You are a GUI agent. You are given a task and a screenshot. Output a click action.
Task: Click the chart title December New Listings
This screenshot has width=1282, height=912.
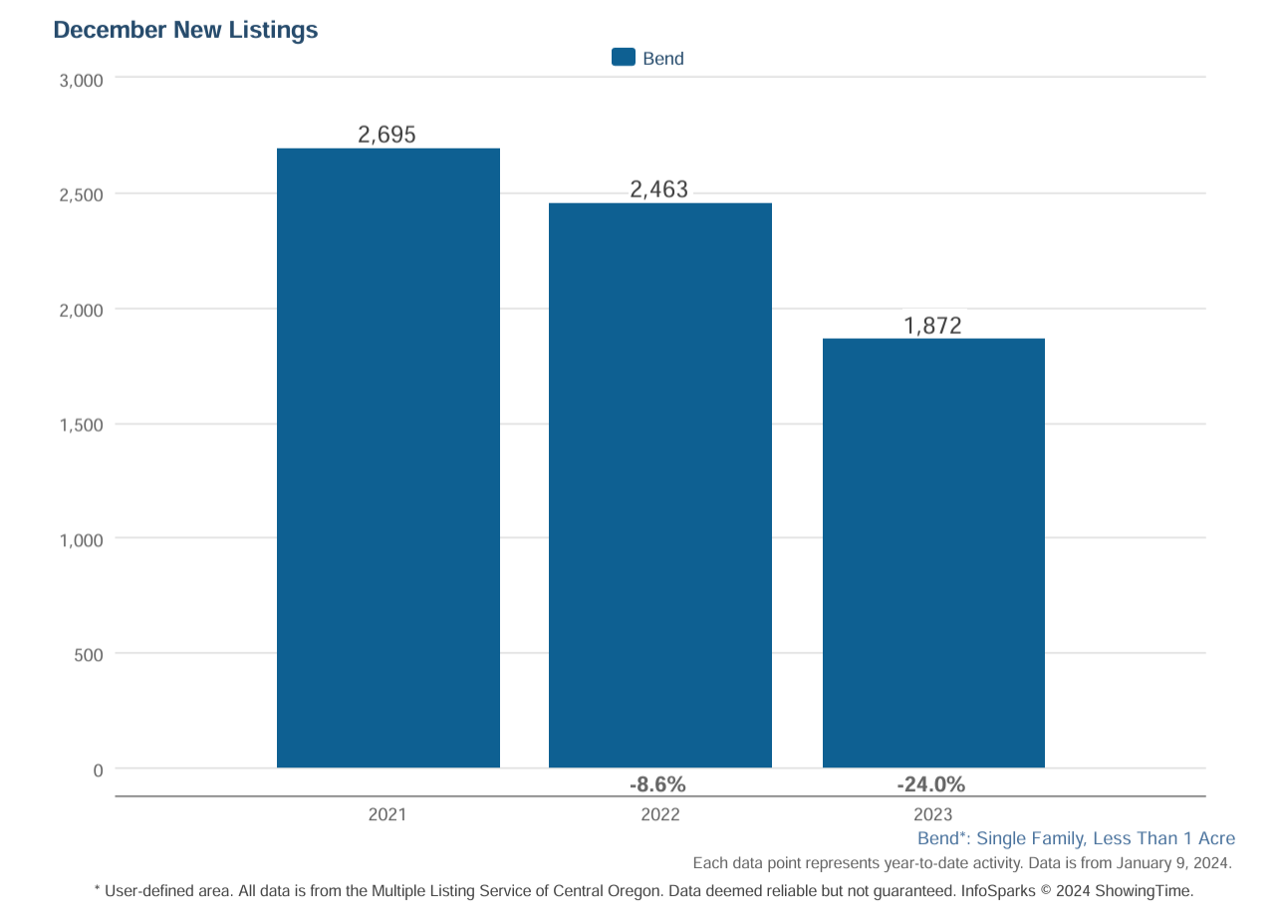[185, 30]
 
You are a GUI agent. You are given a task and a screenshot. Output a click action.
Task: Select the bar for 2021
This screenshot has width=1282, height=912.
[387, 458]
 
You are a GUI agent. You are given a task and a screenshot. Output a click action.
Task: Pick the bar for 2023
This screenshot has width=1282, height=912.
[933, 553]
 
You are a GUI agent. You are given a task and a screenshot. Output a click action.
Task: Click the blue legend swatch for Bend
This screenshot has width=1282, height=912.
[624, 58]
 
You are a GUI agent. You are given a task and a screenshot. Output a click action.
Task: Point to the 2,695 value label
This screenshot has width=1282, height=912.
[386, 135]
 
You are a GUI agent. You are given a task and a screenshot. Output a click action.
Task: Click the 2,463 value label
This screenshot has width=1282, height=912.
[659, 189]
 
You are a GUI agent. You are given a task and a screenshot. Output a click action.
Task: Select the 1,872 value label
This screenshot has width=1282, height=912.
[932, 325]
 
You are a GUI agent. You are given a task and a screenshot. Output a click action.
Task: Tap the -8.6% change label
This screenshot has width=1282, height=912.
[657, 784]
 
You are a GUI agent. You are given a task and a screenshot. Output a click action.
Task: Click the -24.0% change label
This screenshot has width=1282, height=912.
[930, 784]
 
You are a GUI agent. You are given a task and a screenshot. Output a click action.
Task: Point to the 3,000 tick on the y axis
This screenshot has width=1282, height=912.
[82, 81]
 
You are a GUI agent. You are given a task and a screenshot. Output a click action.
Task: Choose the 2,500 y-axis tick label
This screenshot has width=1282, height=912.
[82, 194]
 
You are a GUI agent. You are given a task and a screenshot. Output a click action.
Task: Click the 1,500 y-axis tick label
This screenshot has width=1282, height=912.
[82, 426]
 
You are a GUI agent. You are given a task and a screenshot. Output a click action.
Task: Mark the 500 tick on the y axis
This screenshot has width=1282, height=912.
[88, 655]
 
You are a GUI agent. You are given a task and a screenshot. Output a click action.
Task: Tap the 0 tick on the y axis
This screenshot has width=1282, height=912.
[98, 770]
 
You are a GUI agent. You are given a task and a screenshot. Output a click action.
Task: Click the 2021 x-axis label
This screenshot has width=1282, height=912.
[386, 814]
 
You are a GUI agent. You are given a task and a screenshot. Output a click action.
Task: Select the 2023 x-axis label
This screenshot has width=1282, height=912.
[932, 814]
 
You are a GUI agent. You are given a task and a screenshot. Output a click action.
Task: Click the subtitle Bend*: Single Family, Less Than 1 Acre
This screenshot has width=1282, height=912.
[1076, 838]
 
